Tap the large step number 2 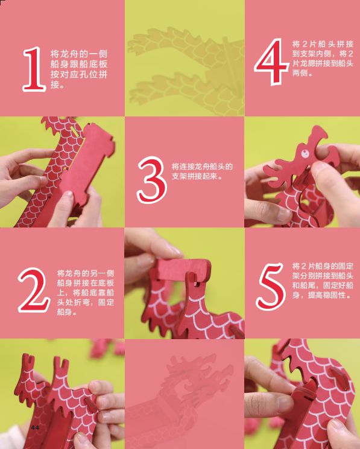(x=34, y=291)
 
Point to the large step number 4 (x=269, y=62)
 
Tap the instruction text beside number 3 (x=202, y=171)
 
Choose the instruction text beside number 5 (x=323, y=281)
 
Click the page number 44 (x=36, y=427)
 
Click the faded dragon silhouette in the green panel (x=181, y=60)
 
